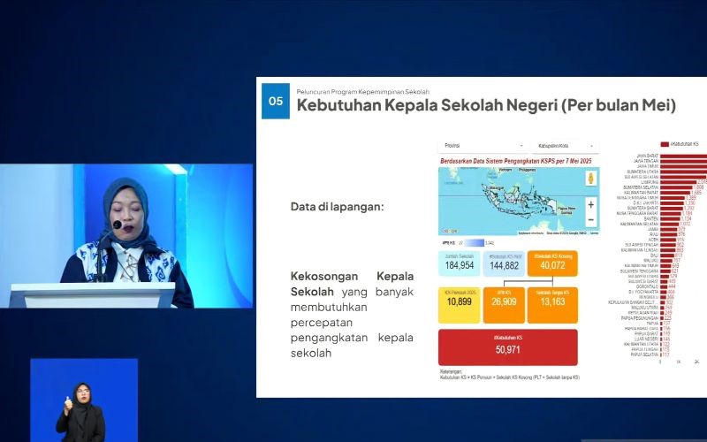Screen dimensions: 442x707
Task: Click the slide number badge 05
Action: (276, 102)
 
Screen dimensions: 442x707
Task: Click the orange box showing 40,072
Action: (553, 266)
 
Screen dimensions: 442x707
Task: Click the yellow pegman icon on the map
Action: (590, 178)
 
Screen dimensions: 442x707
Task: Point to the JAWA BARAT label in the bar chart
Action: (648, 156)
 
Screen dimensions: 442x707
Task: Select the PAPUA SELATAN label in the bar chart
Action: (645, 354)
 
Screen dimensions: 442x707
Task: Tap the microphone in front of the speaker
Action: (117, 226)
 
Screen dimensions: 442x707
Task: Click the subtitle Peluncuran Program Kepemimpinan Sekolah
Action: (362, 91)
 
